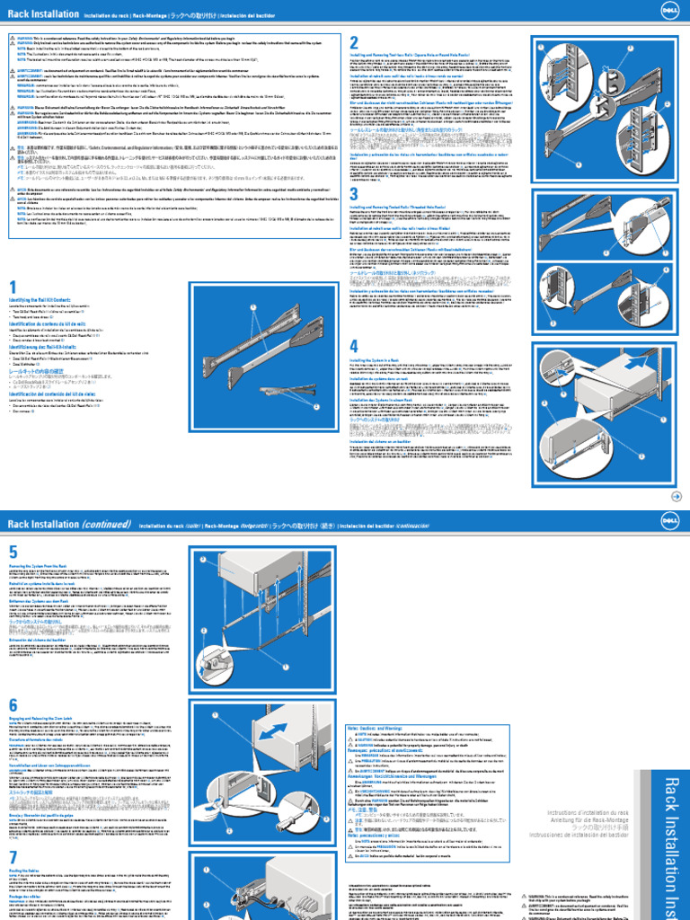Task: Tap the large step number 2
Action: click(354, 43)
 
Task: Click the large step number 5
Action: click(13, 551)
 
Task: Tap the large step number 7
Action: click(13, 855)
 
